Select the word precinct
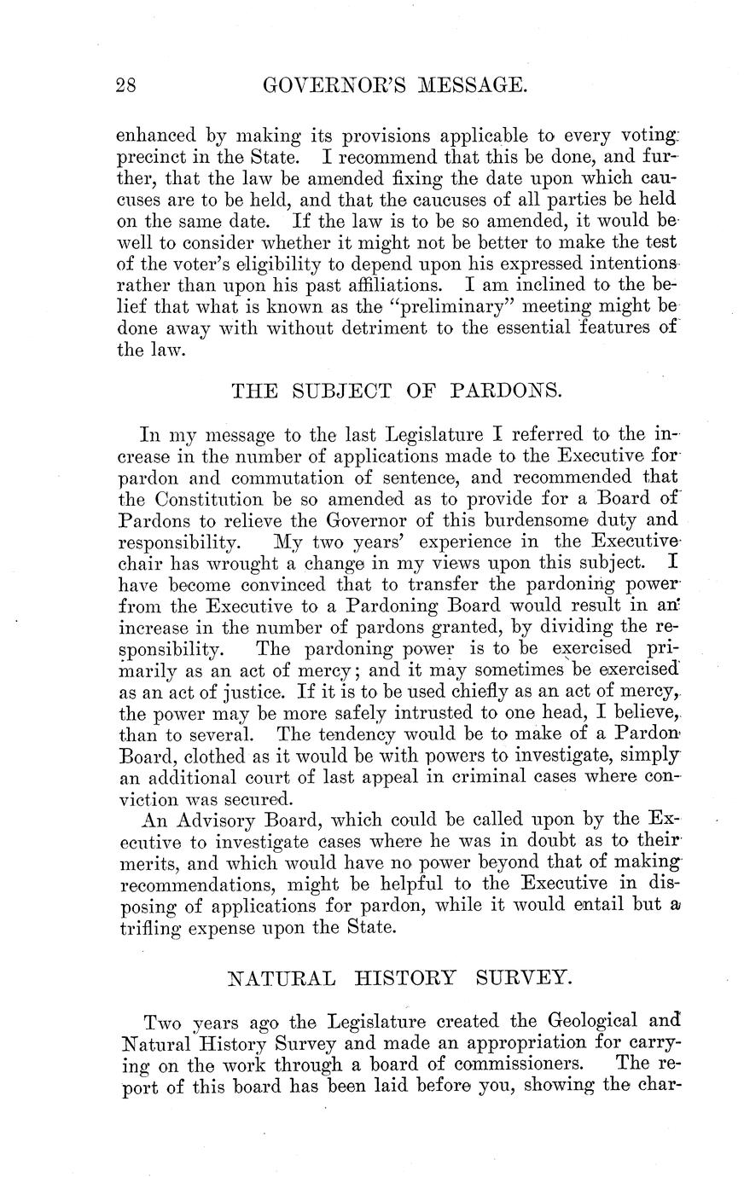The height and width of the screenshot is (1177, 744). tap(155, 159)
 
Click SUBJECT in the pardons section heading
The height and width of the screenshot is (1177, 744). tap(342, 391)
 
